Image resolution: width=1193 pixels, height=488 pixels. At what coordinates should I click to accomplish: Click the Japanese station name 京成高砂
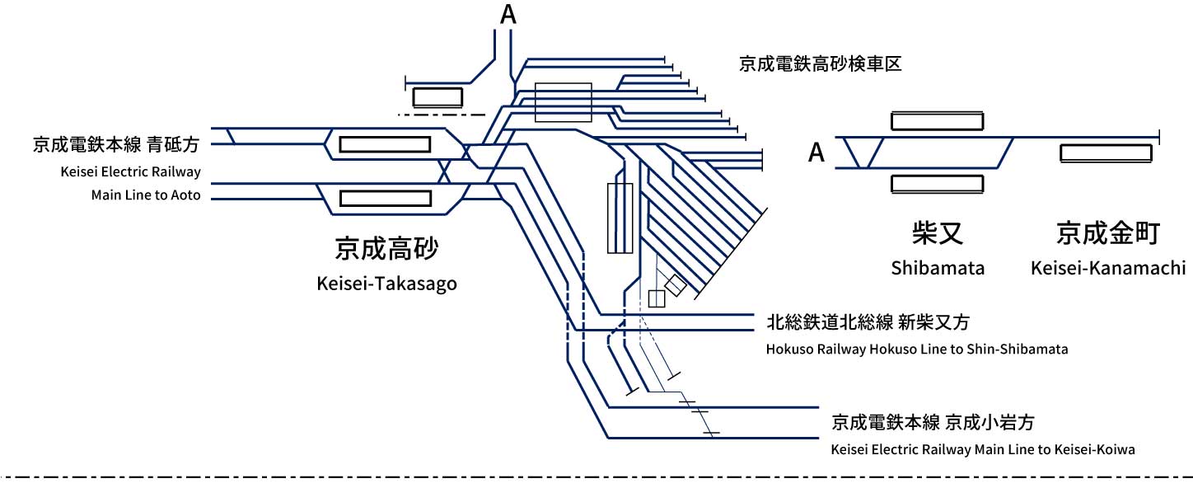tap(386, 248)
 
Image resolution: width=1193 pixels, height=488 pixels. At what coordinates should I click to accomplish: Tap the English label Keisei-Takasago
tap(386, 284)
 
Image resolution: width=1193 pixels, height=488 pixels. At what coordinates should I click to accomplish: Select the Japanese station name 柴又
tap(938, 232)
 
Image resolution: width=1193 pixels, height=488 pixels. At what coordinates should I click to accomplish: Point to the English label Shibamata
tap(938, 267)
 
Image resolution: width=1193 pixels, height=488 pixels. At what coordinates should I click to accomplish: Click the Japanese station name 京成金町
tap(1108, 232)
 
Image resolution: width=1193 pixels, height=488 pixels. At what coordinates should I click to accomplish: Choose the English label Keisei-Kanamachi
tap(1108, 267)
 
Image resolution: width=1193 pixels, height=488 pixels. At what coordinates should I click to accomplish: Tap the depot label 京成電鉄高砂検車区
tap(821, 64)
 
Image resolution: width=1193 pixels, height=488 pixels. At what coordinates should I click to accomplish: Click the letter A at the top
tap(508, 14)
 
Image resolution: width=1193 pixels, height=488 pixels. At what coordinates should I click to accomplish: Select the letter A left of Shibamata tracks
tap(816, 152)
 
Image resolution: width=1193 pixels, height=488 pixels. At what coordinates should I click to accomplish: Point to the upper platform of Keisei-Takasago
tap(385, 144)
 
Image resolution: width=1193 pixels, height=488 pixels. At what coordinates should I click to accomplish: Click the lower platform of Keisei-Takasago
tap(385, 198)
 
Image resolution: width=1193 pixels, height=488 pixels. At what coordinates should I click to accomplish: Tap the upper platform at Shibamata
tap(938, 121)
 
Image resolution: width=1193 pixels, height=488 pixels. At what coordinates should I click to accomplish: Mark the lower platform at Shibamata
tap(938, 184)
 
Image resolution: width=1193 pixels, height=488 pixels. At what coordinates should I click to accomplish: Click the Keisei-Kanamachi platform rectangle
tap(1106, 152)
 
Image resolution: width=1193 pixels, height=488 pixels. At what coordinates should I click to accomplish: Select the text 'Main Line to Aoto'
tap(146, 195)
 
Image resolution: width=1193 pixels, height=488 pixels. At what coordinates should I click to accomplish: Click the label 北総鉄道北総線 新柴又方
tap(868, 322)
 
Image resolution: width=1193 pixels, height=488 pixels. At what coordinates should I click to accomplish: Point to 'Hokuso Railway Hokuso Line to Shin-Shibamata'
tap(917, 350)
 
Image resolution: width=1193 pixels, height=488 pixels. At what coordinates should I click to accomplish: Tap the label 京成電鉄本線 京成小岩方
tap(933, 423)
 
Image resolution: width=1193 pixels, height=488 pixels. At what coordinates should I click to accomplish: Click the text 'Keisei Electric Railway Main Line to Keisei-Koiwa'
tap(983, 449)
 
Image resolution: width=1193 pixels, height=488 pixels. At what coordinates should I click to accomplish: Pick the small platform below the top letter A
tap(437, 97)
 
